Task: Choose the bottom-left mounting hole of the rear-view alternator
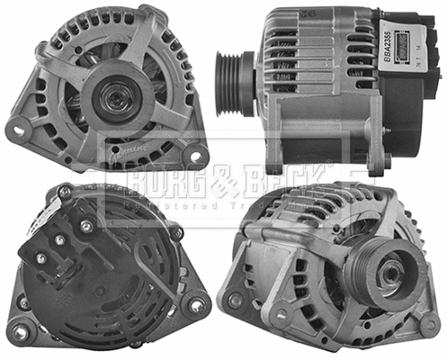pos(23,303)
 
